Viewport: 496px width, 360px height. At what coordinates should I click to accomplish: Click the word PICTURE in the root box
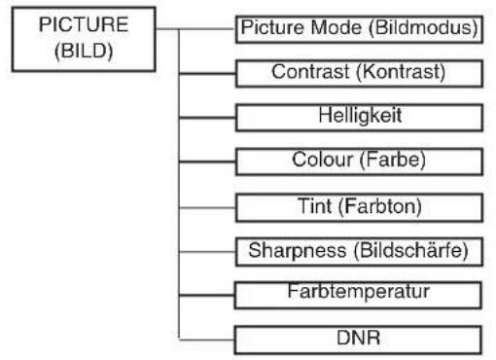click(x=84, y=24)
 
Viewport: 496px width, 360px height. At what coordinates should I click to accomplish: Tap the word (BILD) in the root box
click(x=84, y=52)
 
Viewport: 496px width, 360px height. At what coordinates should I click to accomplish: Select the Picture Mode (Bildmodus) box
click(x=359, y=29)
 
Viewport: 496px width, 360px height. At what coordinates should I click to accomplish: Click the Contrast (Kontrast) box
click(x=359, y=73)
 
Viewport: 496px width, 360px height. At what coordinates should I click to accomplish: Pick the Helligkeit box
click(x=359, y=118)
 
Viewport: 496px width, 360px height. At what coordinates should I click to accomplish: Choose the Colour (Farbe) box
click(x=359, y=162)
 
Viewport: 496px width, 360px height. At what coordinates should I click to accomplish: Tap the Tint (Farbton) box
click(x=359, y=207)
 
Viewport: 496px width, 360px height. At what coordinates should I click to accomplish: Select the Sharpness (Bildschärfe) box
click(x=359, y=252)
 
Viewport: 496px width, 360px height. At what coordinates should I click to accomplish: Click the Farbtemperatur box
click(x=358, y=295)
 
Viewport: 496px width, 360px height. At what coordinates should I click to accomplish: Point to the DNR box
click(x=358, y=340)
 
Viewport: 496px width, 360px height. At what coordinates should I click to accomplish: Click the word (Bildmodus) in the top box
click(x=423, y=28)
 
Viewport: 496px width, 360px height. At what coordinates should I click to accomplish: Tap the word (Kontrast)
click(x=401, y=72)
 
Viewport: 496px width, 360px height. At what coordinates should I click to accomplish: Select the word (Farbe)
click(x=392, y=161)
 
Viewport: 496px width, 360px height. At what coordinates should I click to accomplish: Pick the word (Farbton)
click(x=380, y=206)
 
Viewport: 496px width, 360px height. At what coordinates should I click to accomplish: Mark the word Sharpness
click(x=298, y=251)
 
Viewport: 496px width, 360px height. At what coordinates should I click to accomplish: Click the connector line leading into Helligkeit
click(x=207, y=118)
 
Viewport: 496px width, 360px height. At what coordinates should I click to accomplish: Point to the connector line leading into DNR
click(x=207, y=340)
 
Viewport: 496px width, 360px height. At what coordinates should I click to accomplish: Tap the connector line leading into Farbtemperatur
click(x=207, y=295)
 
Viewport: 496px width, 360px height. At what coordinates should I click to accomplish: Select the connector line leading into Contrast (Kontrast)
click(x=207, y=74)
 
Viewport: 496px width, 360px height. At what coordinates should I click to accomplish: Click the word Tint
click(x=314, y=206)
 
